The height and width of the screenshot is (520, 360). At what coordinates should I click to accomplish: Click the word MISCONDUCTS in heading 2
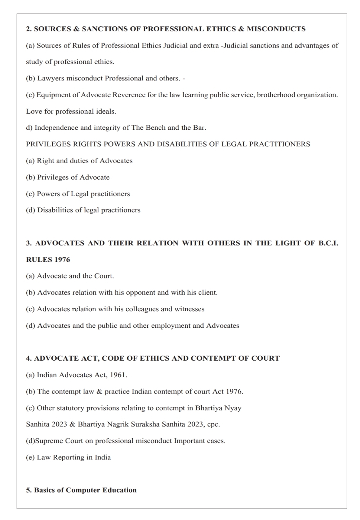(276, 29)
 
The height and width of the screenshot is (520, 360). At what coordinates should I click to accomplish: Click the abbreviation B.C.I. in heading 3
(328, 243)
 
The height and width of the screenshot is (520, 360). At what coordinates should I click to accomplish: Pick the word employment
(171, 326)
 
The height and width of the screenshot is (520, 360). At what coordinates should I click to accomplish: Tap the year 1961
(118, 375)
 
